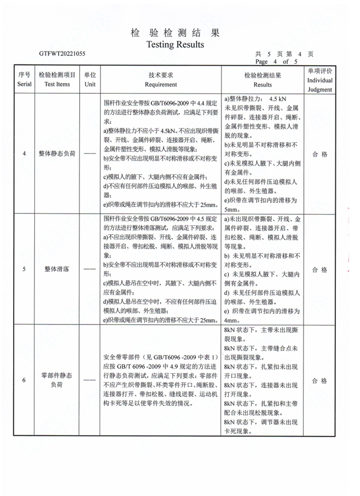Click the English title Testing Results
[175, 45]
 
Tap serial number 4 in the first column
[24, 154]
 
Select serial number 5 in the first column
[24, 269]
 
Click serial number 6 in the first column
[24, 381]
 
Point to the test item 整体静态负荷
[57, 154]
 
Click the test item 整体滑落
[57, 269]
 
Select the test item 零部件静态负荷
[57, 381]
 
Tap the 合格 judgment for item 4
[320, 154]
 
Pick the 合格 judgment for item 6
[320, 381]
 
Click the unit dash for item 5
[90, 270]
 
